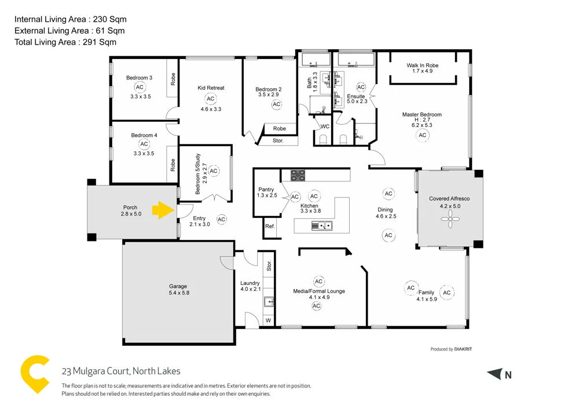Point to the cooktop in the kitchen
(298, 174)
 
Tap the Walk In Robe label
(422, 65)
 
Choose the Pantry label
(266, 189)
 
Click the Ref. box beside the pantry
(270, 226)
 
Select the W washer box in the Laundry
(267, 320)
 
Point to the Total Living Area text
(65, 42)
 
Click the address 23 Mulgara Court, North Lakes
(121, 371)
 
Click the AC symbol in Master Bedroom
(422, 135)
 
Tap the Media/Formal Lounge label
(319, 291)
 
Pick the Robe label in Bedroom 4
(173, 165)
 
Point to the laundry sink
(269, 302)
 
